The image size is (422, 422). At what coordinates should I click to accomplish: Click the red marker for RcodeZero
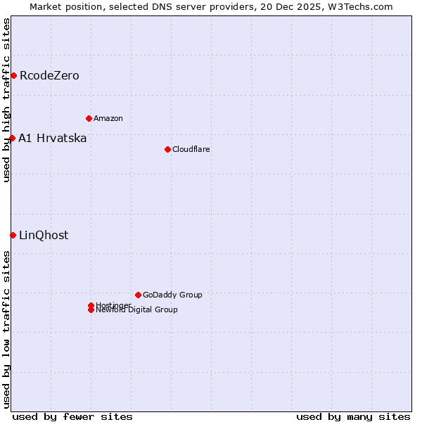[13, 75]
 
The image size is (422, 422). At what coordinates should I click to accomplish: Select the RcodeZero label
[49, 76]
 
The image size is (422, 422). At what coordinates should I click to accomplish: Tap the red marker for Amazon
[89, 118]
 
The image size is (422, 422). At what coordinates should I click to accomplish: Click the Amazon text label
[108, 118]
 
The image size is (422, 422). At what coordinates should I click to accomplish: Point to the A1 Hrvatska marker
[12, 138]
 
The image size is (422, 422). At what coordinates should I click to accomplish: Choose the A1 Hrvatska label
[53, 139]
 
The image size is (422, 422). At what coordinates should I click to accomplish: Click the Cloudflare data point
[167, 149]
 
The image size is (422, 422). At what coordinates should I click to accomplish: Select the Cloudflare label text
[191, 149]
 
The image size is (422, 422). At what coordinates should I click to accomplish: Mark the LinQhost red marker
[13, 235]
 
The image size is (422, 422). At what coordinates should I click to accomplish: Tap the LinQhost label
[44, 236]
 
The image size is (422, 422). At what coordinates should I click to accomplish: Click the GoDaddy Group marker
[138, 295]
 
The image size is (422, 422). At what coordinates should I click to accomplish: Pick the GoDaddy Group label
[172, 295]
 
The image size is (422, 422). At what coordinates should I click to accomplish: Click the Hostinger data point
[91, 305]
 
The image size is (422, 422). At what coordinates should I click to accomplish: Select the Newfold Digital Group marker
[91, 310]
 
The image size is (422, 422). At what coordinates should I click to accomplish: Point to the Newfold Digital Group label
[137, 310]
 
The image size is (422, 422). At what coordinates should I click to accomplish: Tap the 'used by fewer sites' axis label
[72, 416]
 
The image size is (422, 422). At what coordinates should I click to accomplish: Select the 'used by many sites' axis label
[353, 416]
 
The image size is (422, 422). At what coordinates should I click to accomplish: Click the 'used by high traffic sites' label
[6, 100]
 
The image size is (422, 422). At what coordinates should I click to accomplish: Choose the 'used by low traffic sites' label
[6, 329]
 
